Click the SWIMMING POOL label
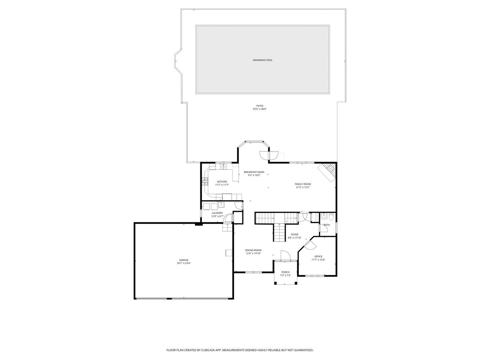[x=262, y=60]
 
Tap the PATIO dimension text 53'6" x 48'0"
[x=260, y=109]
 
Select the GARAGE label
[x=184, y=260]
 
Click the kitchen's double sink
[x=223, y=166]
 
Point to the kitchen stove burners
[x=204, y=182]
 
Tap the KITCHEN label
[x=222, y=182]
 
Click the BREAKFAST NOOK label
[x=254, y=172]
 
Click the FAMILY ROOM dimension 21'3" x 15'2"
[x=303, y=187]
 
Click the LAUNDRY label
[x=217, y=213]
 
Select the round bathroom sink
[x=324, y=216]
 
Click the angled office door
[x=309, y=244]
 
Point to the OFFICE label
[x=318, y=256]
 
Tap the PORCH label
[x=285, y=272]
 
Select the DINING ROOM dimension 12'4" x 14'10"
[x=253, y=253]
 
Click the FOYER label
[x=295, y=234]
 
